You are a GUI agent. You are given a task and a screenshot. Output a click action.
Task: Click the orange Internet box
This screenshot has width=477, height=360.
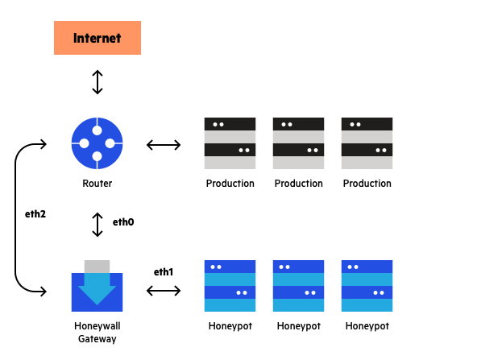pyautogui.click(x=97, y=38)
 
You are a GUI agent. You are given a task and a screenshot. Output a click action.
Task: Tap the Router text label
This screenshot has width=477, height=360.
pyautogui.click(x=97, y=184)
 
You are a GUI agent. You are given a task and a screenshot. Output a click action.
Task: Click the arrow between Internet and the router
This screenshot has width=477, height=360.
pyautogui.click(x=97, y=82)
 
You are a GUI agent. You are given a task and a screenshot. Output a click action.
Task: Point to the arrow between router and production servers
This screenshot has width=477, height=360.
pyautogui.click(x=164, y=145)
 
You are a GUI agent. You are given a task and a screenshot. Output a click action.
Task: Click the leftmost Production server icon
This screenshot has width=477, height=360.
pyautogui.click(x=230, y=143)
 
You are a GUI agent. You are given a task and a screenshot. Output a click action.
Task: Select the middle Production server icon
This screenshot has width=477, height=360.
pyautogui.click(x=298, y=143)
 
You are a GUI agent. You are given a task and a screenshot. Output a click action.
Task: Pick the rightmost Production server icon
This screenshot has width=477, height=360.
pyautogui.click(x=367, y=143)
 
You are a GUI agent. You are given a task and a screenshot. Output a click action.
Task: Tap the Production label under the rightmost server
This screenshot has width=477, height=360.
pyautogui.click(x=367, y=184)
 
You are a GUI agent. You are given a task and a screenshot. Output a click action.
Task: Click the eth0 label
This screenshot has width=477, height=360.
pyautogui.click(x=123, y=222)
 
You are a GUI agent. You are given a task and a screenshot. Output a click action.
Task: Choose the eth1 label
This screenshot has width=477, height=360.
pyautogui.click(x=164, y=271)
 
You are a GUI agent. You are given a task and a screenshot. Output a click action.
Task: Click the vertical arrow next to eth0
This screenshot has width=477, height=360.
pyautogui.click(x=97, y=224)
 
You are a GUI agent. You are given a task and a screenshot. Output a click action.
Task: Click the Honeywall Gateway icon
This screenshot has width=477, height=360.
pyautogui.click(x=97, y=286)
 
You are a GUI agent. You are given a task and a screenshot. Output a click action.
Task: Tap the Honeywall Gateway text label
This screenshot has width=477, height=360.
pyautogui.click(x=97, y=333)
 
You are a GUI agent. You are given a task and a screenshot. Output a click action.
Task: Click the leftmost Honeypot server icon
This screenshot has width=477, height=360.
pyautogui.click(x=230, y=286)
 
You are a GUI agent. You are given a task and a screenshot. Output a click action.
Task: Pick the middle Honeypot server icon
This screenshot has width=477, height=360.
pyautogui.click(x=298, y=286)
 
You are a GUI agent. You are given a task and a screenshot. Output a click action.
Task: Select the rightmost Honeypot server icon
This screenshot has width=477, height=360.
pyautogui.click(x=367, y=286)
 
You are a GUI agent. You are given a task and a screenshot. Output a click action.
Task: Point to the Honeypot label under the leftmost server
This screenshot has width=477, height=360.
pyautogui.click(x=230, y=326)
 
